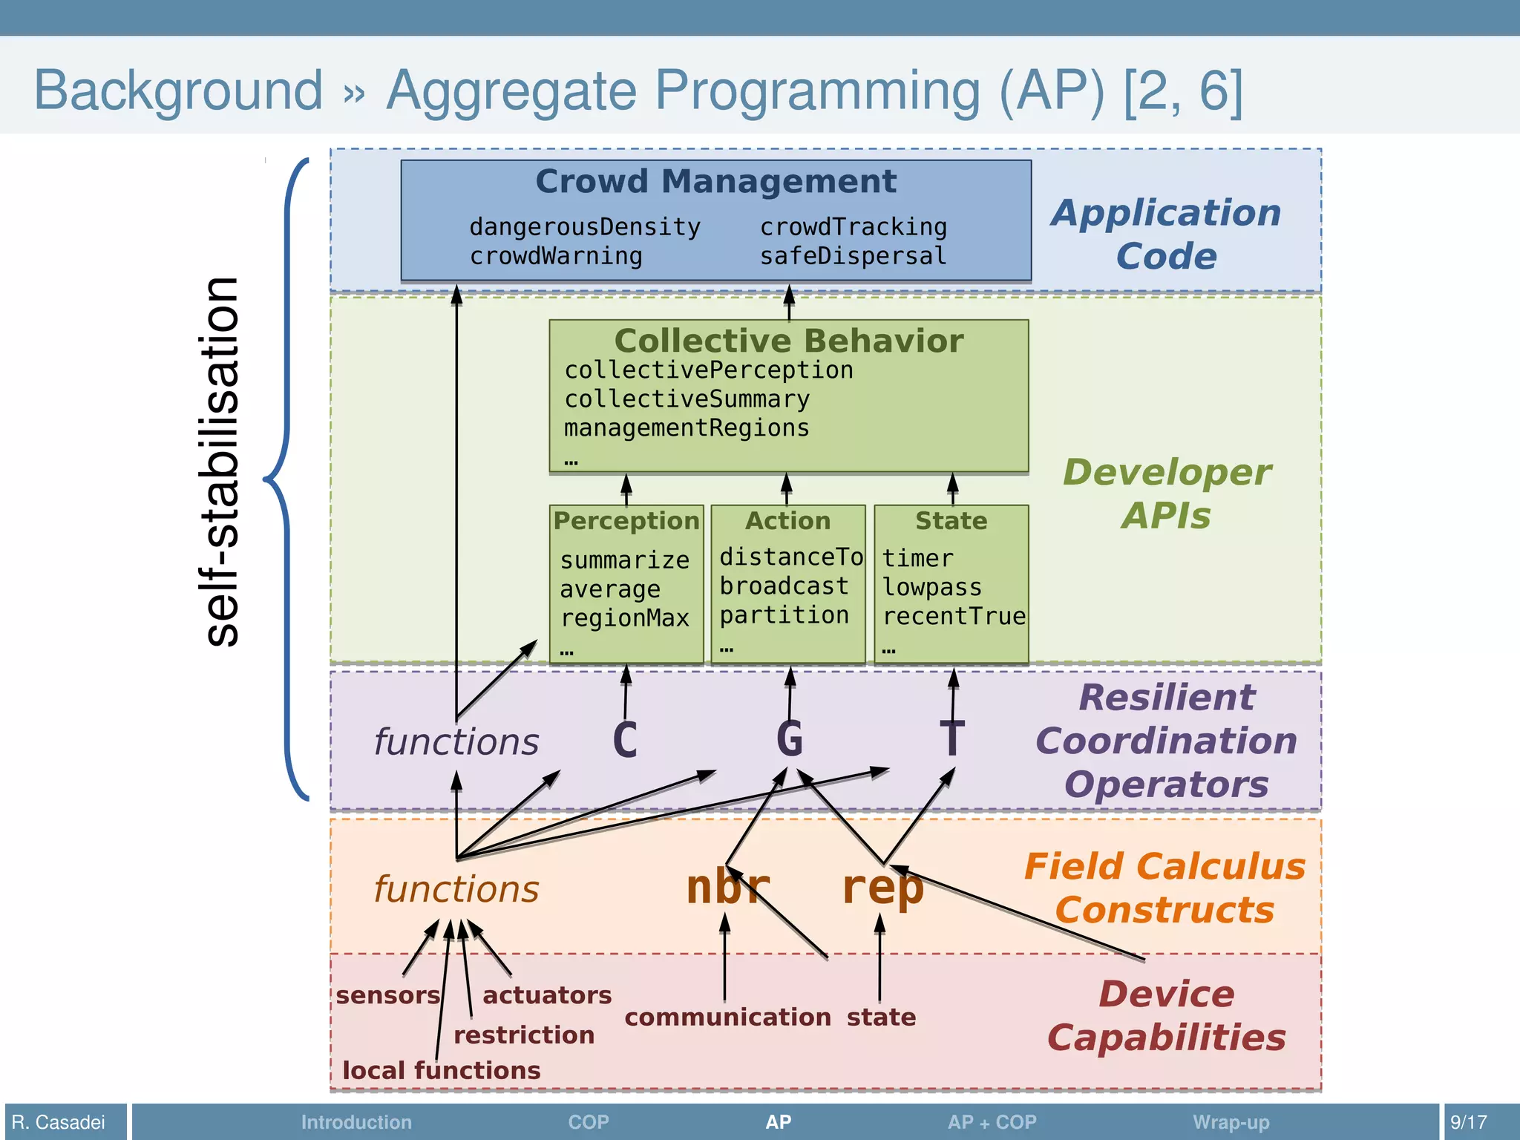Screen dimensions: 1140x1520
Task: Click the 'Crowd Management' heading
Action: pos(715,182)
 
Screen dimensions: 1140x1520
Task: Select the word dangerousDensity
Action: pos(585,227)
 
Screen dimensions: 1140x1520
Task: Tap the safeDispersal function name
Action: pos(853,256)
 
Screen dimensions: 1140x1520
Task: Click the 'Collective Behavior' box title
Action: pos(788,341)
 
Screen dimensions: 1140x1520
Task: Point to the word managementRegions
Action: pos(687,428)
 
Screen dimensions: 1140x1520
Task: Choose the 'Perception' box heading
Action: pos(626,521)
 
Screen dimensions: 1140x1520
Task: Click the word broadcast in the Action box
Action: pos(784,586)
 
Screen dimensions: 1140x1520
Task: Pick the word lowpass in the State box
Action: pos(932,588)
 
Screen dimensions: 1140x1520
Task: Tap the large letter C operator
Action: pos(625,741)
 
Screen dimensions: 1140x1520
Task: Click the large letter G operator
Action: pos(789,739)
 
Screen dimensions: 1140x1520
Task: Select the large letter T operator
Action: pos(952,739)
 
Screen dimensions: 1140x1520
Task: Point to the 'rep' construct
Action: pos(882,888)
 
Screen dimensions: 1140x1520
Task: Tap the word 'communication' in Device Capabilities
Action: pos(727,1018)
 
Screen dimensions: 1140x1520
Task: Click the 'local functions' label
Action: pos(441,1071)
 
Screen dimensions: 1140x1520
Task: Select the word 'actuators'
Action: pos(547,995)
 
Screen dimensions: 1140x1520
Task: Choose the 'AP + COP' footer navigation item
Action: pos(992,1122)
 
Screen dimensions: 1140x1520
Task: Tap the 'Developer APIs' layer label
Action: pos(1166,494)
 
